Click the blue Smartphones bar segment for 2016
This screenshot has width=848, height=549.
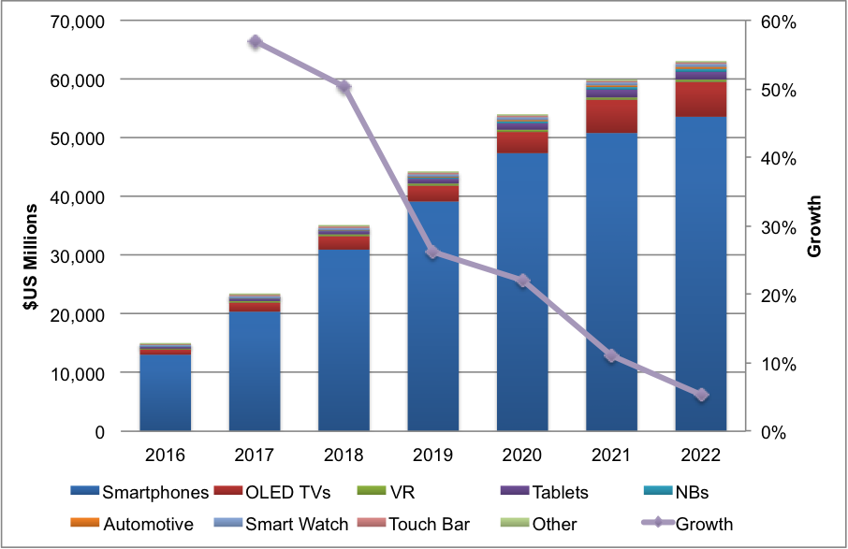coord(166,393)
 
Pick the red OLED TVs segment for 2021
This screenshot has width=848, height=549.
coord(611,116)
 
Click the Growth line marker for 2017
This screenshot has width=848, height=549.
coord(256,42)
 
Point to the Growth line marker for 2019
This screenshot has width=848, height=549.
coord(433,253)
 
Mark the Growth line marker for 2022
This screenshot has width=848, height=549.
coord(701,395)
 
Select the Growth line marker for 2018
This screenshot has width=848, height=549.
coord(344,87)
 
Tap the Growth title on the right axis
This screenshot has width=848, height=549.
coord(815,226)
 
